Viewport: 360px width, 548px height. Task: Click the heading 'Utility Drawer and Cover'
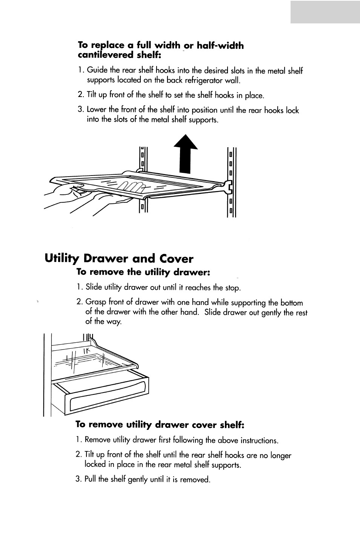119,259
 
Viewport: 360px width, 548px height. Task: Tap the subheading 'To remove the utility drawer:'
143,272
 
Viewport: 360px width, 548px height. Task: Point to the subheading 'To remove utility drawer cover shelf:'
160,425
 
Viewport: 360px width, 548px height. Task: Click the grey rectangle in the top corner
325,12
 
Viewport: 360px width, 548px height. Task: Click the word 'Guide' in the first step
97,70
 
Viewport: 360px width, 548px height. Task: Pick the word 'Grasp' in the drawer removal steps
96,303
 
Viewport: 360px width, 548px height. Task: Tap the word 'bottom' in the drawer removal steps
291,303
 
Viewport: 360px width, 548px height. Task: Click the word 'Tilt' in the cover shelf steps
89,455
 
